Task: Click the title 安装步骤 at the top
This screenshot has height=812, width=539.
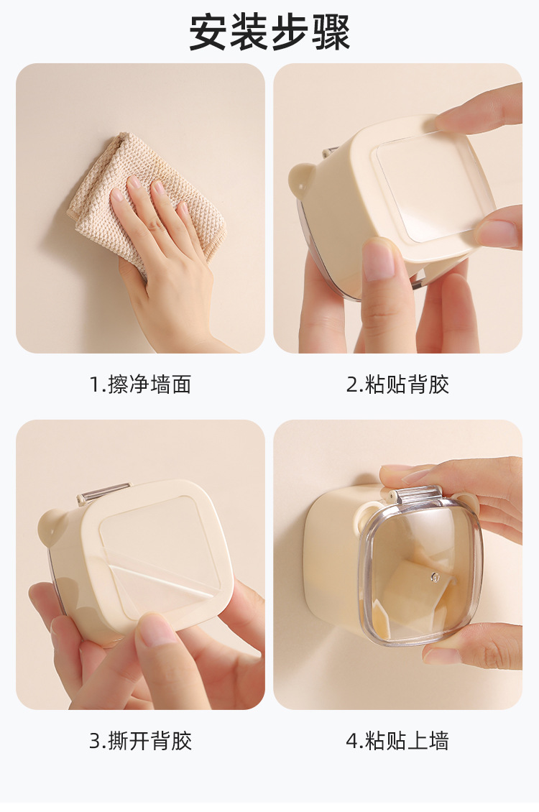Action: coord(269,32)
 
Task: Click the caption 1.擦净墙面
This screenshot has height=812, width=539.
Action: coord(140,384)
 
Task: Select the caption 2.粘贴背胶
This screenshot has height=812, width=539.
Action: coord(397,384)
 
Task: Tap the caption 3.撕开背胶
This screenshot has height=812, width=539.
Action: coord(140,741)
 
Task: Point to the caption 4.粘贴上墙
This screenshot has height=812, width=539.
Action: coord(397,741)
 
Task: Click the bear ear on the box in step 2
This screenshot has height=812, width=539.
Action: coord(302,180)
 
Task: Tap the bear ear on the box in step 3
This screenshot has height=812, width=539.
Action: coord(54,525)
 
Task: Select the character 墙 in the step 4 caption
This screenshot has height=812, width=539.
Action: coord(438,741)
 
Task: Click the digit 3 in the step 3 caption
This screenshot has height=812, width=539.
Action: coord(94,742)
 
